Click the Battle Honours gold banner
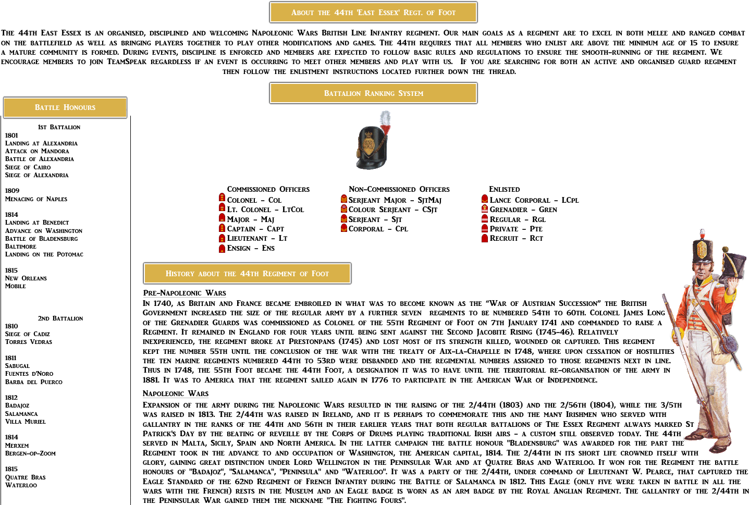tap(65, 107)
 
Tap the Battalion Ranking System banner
tap(373, 93)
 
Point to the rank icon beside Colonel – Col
tap(222, 198)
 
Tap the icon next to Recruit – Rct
tap(485, 239)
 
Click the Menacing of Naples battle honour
tap(36, 199)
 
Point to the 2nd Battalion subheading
tap(60, 318)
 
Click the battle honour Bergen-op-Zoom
tap(30, 453)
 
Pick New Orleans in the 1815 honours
tap(26, 278)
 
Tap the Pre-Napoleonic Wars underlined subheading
tap(184, 293)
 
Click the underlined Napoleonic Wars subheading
tap(176, 393)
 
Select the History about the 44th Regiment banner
tap(247, 274)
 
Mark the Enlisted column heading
tap(504, 189)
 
